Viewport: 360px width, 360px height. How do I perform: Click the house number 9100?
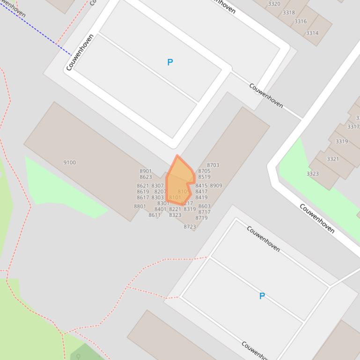click(69, 163)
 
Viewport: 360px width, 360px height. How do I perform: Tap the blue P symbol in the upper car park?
click(170, 62)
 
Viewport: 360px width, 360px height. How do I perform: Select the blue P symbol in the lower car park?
click(262, 296)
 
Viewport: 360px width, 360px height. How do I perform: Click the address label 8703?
click(213, 165)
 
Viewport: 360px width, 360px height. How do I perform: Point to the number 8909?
click(216, 186)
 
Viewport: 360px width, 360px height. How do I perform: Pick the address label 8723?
click(190, 227)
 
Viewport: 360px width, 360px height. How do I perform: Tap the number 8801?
click(140, 206)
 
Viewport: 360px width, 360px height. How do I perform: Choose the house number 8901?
click(146, 172)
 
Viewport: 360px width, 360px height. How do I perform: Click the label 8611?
click(154, 216)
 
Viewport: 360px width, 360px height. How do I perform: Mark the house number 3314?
click(312, 33)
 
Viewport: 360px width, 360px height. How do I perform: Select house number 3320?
click(274, 4)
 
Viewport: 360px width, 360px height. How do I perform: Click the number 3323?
click(312, 174)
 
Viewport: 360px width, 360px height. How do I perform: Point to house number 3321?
click(332, 159)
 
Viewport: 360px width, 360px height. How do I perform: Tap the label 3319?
click(341, 141)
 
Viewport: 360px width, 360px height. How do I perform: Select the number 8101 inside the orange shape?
click(175, 198)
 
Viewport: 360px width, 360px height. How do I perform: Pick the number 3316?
click(300, 22)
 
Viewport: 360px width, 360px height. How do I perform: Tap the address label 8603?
click(204, 206)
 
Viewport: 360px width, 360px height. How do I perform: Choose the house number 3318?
click(289, 13)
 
